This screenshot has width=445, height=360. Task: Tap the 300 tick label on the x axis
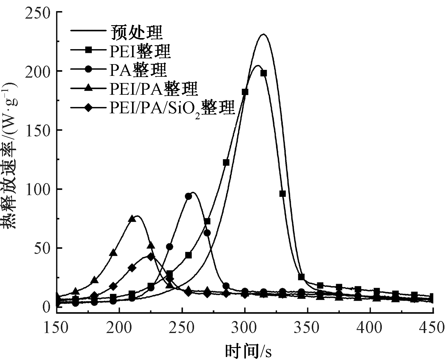(245, 327)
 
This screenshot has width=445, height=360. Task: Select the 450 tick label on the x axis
(433, 327)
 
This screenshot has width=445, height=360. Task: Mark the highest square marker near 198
(264, 73)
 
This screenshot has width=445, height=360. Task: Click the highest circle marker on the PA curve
(188, 196)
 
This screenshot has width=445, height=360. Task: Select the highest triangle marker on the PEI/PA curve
(132, 219)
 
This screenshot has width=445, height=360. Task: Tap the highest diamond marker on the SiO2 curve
(151, 257)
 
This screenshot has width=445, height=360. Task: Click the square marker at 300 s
(245, 92)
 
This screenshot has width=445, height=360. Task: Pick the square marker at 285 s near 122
(226, 162)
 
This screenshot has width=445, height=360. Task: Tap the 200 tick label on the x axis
(119, 327)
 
